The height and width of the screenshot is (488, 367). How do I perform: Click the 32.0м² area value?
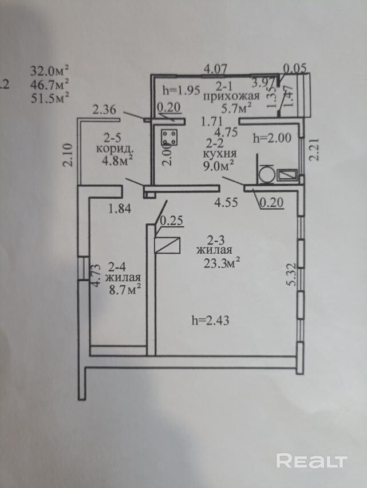50,71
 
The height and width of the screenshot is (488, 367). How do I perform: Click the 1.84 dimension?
120,209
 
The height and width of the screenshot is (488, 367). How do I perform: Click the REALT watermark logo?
312,460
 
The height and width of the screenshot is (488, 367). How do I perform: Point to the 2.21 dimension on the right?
314,153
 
